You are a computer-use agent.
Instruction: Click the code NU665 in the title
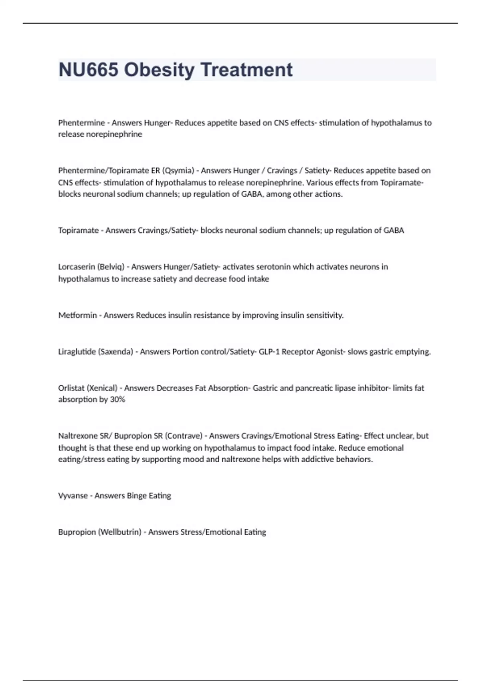coord(89,70)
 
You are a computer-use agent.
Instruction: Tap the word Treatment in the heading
coord(247,70)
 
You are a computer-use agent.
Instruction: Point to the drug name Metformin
coord(77,315)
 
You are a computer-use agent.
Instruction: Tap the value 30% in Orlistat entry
coord(117,399)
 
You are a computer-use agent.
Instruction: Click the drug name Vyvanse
coord(73,496)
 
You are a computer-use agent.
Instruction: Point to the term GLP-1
coord(269,352)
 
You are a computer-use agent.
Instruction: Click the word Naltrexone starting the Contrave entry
coord(78,436)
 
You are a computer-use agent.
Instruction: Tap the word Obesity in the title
coord(159,70)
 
